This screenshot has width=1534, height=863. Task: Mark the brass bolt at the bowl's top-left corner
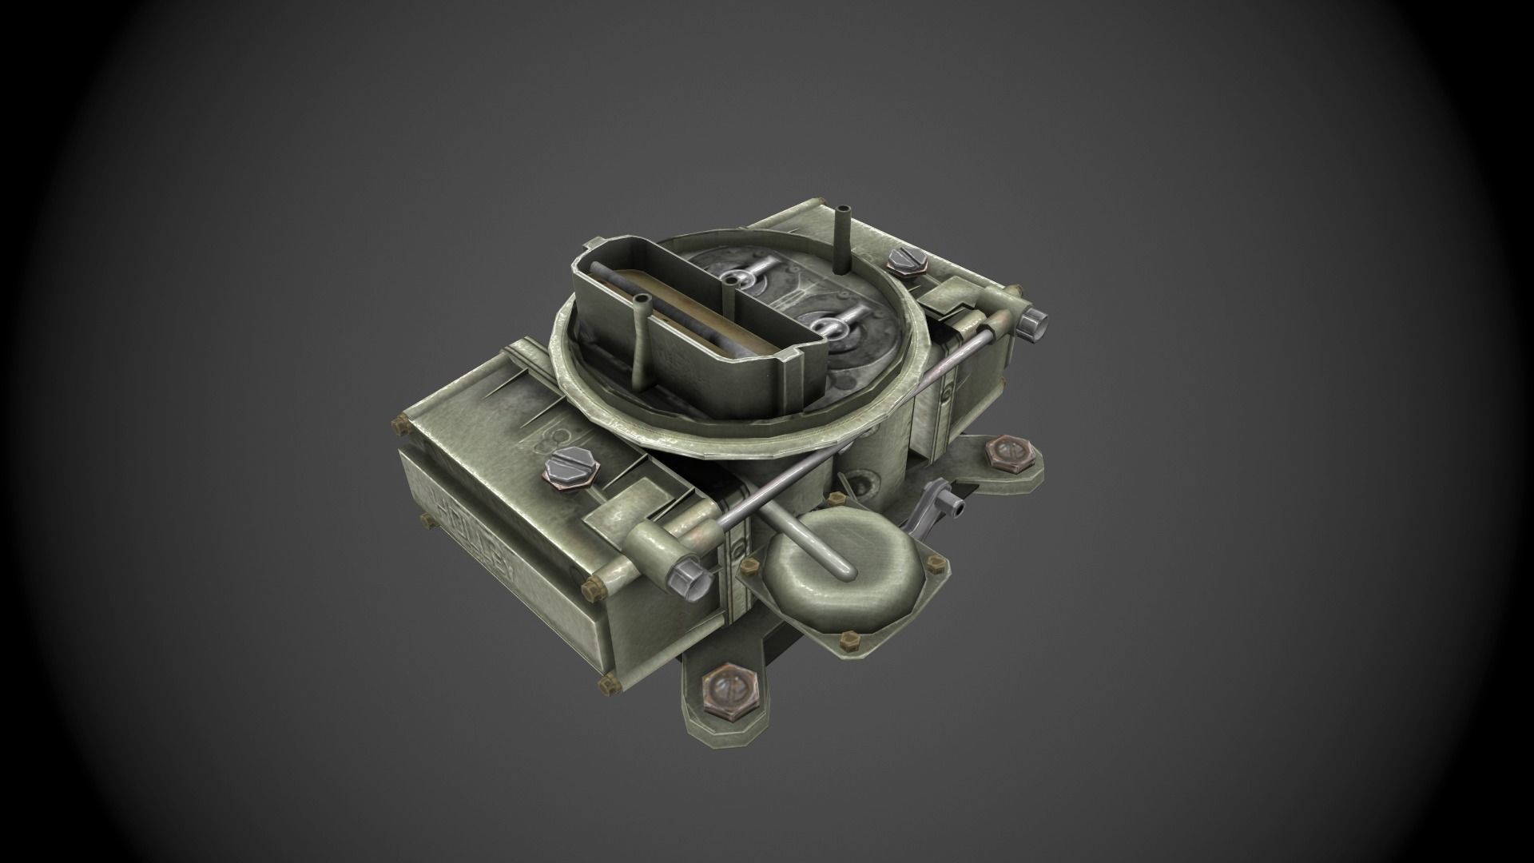tap(400, 424)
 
